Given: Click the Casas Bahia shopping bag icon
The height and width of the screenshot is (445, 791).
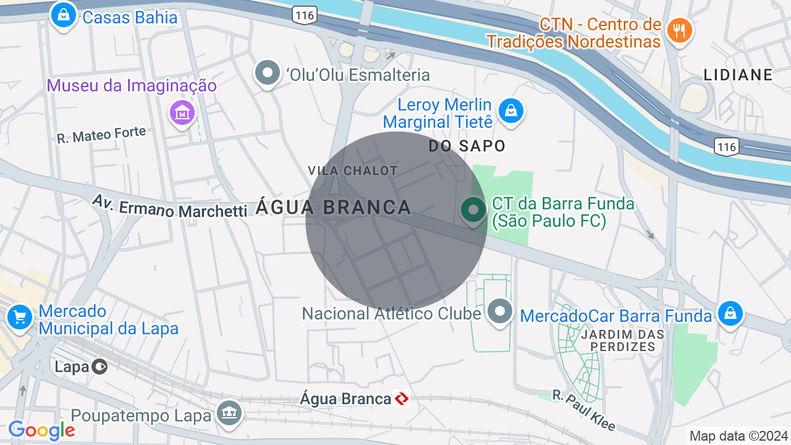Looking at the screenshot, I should (x=63, y=15).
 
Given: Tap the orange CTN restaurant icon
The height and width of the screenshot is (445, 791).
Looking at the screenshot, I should (x=679, y=30).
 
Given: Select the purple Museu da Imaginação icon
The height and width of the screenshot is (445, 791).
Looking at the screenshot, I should (x=182, y=112).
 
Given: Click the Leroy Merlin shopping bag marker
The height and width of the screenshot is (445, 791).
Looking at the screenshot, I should (x=510, y=111).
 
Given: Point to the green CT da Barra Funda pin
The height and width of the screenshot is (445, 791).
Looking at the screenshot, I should (x=473, y=210).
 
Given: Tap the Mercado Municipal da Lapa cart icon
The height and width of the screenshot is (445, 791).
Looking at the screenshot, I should (x=20, y=318).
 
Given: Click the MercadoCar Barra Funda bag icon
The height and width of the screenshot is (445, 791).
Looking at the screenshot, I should (x=730, y=313).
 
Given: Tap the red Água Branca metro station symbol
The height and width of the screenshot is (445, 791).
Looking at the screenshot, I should (x=402, y=399).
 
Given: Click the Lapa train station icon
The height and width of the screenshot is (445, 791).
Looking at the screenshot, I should (x=99, y=367).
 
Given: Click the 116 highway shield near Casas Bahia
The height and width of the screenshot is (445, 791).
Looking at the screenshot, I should (x=305, y=15).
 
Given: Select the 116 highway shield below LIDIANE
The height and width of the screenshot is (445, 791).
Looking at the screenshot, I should (x=726, y=146).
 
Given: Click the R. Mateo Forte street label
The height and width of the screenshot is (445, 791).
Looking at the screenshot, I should (x=101, y=135).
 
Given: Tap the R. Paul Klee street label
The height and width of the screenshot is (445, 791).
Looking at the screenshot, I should (x=584, y=410).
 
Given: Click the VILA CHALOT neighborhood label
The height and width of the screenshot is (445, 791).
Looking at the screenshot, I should (x=352, y=170).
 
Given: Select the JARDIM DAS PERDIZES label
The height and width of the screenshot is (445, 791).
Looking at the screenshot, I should (x=622, y=341).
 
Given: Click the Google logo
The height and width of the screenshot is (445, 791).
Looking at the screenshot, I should (x=41, y=430).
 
